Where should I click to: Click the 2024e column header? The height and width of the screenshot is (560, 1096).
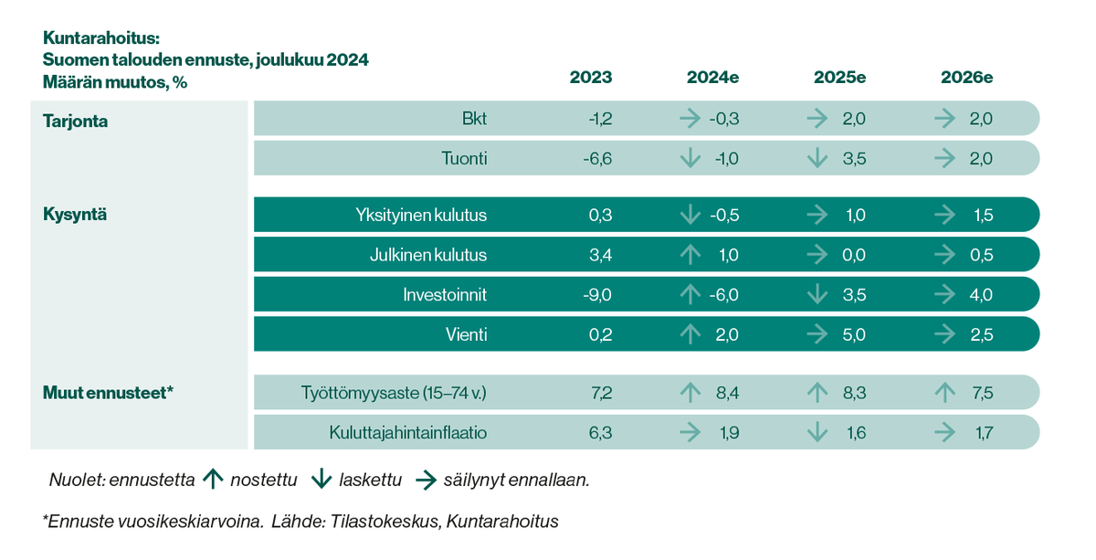(712, 78)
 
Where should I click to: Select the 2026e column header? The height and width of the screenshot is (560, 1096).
(966, 78)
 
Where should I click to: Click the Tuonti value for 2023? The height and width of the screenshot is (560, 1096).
(597, 159)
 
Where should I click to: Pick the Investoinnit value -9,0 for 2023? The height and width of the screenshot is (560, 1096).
(597, 295)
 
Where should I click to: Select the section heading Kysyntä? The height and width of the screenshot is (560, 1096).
(75, 215)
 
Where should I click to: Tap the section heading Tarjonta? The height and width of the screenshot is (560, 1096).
(75, 121)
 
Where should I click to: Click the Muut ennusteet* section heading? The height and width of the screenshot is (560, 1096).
(108, 393)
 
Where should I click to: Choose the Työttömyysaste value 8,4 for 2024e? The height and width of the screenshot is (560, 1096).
(728, 393)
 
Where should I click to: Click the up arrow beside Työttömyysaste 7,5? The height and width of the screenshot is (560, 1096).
(944, 393)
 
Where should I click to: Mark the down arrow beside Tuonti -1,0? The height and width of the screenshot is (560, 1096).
(690, 159)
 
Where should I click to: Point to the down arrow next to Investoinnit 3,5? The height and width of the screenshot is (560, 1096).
(817, 295)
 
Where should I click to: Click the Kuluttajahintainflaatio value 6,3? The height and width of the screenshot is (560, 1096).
(599, 433)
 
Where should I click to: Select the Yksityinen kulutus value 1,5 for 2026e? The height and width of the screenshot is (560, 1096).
(983, 216)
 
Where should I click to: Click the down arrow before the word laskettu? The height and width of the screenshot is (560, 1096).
(321, 479)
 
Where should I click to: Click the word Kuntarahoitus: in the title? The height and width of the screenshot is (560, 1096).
(100, 39)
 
